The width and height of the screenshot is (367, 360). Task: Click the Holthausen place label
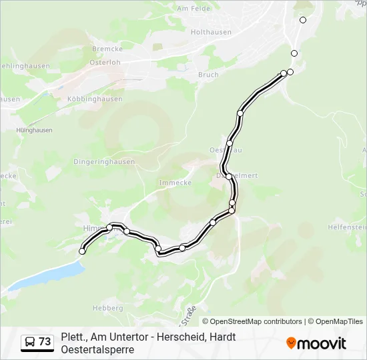point(211,31)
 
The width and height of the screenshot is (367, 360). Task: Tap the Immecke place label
point(175,182)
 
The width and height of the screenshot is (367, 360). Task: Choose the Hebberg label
point(108,308)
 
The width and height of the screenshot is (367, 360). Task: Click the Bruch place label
point(208,75)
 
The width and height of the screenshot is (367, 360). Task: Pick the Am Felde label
point(193,9)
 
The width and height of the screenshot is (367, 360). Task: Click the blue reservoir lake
point(47,275)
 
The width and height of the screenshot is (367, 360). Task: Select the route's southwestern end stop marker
point(82,251)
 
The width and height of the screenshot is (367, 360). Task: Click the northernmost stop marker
point(303,20)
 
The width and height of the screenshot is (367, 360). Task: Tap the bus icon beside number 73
point(30,342)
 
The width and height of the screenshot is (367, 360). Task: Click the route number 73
point(45,342)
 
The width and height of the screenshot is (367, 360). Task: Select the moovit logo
point(316,343)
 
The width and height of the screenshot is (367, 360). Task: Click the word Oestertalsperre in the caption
point(97,349)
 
